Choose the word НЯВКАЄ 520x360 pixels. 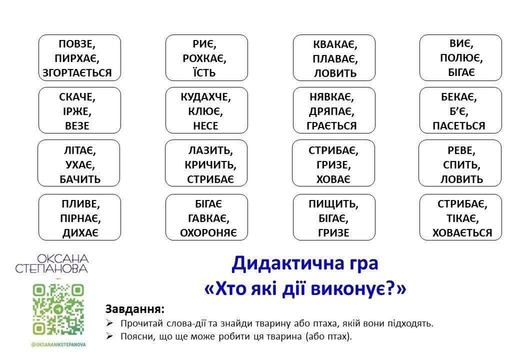330,97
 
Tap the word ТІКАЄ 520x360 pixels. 461,218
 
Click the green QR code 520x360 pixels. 58,309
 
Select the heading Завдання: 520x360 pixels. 134,309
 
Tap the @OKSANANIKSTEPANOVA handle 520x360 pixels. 58,345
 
